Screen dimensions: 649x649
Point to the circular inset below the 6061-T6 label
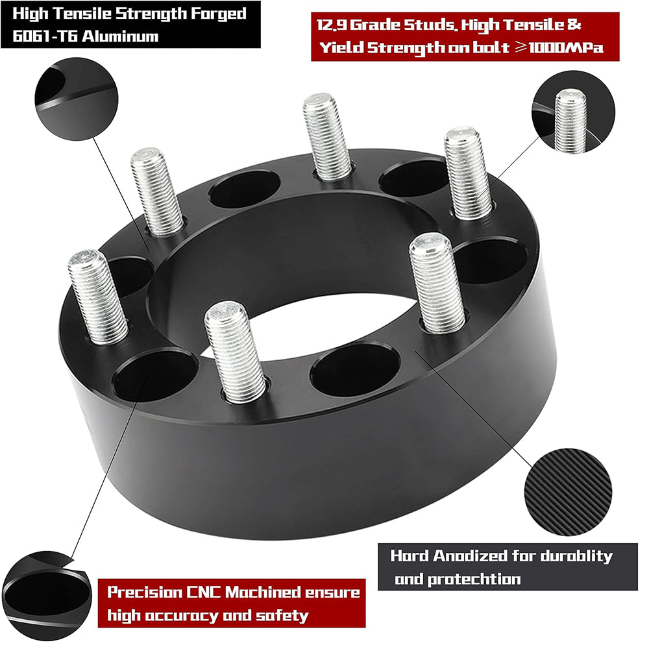pyautogui.click(x=76, y=98)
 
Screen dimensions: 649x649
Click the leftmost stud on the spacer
pyautogui.click(x=97, y=296)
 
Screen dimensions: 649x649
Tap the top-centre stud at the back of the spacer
pyautogui.click(x=327, y=136)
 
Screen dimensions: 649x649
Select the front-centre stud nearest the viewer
pyautogui.click(x=234, y=351)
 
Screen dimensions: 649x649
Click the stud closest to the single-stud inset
pyautogui.click(x=467, y=173)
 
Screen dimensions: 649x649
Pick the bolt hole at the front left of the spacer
pyautogui.click(x=154, y=374)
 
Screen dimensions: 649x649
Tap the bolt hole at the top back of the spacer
pyautogui.click(x=245, y=189)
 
